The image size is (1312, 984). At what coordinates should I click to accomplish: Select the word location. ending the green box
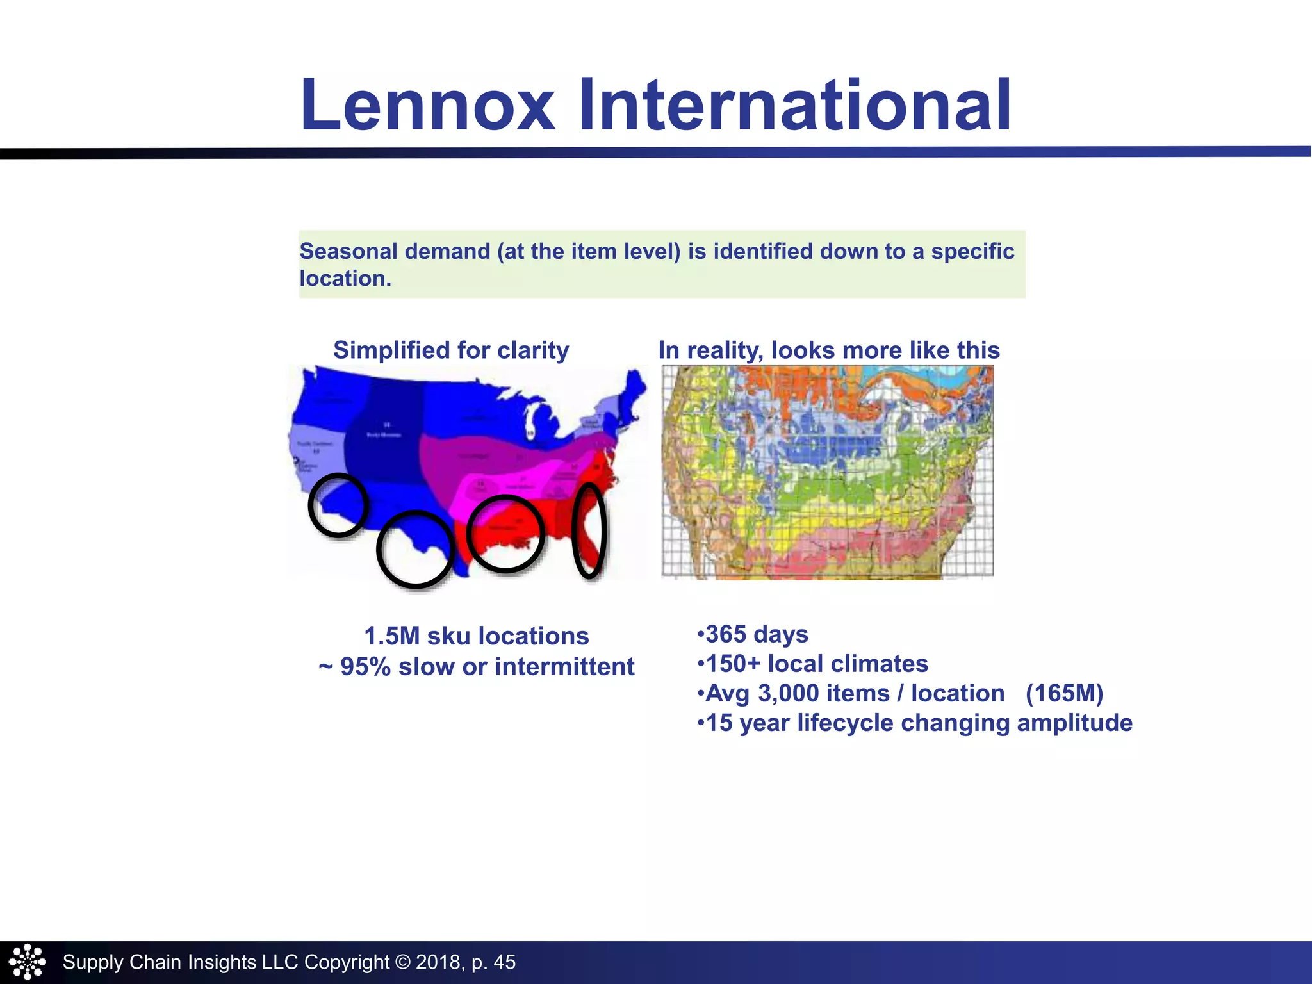pos(345,279)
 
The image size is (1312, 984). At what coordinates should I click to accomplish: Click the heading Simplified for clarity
pos(451,350)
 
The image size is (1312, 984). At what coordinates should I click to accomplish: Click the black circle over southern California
pos(338,505)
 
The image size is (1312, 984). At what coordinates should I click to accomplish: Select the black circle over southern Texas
pos(415,549)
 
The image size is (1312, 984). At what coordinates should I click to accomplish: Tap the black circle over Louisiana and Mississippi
pos(505,533)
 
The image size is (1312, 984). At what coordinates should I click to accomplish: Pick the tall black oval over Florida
pos(589,530)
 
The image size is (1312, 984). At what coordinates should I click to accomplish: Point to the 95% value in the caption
pos(365,667)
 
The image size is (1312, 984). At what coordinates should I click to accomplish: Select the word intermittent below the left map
pos(564,667)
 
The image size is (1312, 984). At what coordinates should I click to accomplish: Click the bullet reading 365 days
pos(753,634)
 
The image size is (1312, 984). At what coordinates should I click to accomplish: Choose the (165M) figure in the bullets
pos(1064,693)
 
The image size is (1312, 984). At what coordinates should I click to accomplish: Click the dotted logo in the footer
pos(27,962)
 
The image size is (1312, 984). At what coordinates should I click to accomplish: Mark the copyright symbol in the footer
pos(402,962)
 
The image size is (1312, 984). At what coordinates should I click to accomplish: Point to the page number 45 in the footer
pos(505,962)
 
